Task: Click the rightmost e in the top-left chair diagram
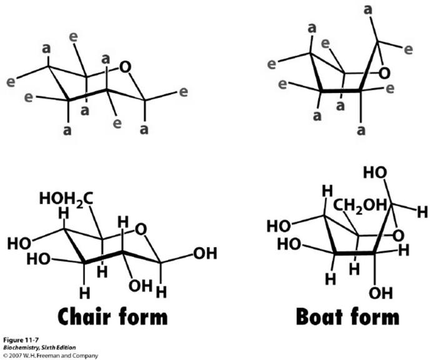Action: pyautogui.click(x=184, y=92)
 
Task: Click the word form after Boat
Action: pyautogui.click(x=371, y=316)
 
